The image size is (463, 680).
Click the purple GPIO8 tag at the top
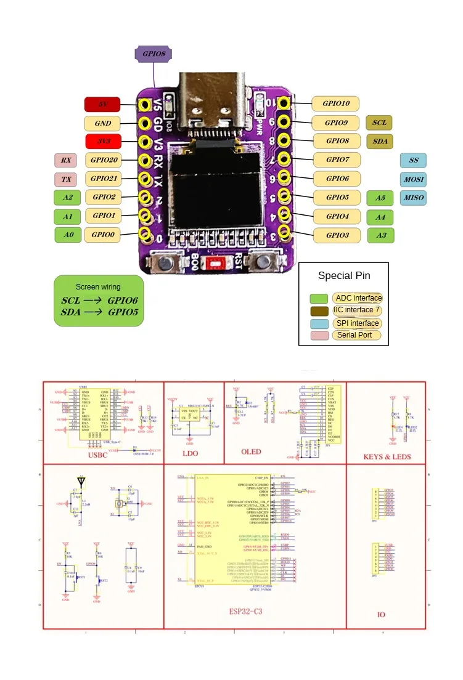click(x=154, y=54)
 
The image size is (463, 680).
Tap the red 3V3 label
click(x=103, y=141)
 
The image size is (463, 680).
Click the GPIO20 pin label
click(x=104, y=160)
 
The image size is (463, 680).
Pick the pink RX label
click(x=66, y=161)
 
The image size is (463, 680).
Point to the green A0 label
click(x=68, y=235)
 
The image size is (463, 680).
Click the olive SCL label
click(x=379, y=123)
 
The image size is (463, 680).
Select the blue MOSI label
click(x=413, y=179)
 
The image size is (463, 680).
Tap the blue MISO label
click(x=413, y=198)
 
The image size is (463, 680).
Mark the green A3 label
click(x=381, y=235)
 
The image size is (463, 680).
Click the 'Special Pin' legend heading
click(x=344, y=275)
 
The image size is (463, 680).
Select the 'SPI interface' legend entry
click(x=358, y=323)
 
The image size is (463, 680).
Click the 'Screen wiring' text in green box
click(x=98, y=286)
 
